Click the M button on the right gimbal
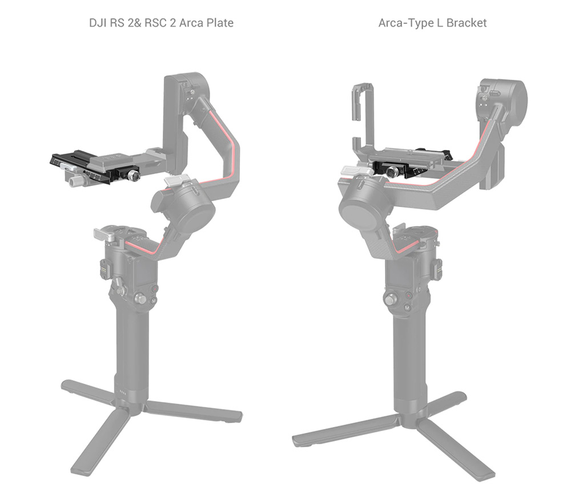coord(407,309)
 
